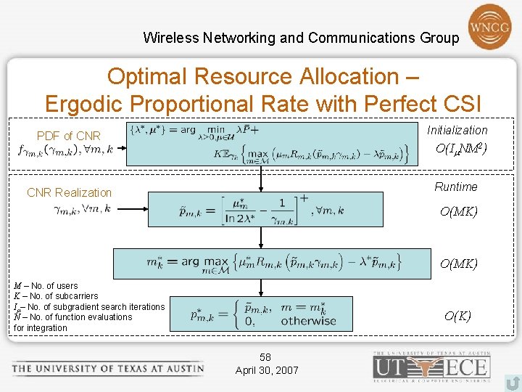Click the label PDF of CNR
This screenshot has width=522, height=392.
pos(69,136)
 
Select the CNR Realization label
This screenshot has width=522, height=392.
pos(69,192)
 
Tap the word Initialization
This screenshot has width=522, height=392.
pos(457,130)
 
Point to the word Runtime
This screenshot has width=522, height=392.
pos(455,187)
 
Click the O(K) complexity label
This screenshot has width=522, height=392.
pos(457,316)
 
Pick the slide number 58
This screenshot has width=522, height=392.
pos(265,357)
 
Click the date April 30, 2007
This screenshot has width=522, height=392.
pos(267,370)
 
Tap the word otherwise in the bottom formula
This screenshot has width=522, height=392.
pos(308,320)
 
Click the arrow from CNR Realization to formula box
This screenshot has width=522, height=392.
pos(131,209)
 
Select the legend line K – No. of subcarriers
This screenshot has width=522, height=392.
pos(56,296)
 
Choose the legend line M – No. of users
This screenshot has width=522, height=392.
pos(46,286)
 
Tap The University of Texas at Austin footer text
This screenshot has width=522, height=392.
pos(107,368)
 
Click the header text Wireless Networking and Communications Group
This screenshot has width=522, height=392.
pos(301,37)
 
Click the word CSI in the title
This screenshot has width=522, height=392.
pos(457,104)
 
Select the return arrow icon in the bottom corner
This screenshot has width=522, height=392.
pos(512,382)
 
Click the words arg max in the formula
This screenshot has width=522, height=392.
pos(204,261)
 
